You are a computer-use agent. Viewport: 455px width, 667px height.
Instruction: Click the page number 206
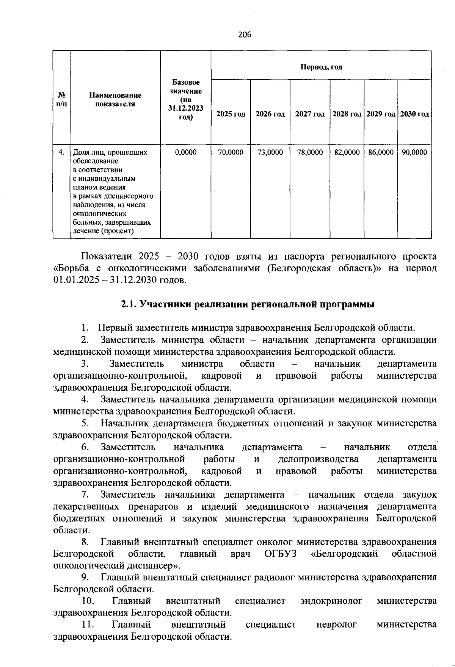pos(245,35)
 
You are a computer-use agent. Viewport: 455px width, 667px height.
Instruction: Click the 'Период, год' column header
pos(321,67)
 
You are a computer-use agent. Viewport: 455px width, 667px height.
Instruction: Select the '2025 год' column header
pos(231,114)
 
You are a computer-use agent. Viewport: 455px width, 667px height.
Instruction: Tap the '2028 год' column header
pos(347,114)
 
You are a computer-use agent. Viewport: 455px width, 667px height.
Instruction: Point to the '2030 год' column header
pos(414,114)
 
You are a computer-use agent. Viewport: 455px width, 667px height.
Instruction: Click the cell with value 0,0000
pos(185,152)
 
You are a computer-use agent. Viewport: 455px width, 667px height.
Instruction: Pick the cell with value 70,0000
pos(231,152)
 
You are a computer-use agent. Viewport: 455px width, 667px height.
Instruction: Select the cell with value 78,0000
pos(310,152)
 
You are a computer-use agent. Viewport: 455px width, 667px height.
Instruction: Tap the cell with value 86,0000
pos(381,152)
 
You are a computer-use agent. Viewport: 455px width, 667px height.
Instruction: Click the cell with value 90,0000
pos(414,152)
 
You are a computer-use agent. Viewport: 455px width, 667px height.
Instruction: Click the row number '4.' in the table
pos(61,152)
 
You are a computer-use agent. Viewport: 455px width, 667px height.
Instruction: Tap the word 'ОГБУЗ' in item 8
pos(280,554)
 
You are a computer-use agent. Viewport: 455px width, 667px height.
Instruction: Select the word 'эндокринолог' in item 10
pos(331,601)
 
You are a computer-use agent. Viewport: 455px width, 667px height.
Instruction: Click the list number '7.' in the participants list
pos(85,495)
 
